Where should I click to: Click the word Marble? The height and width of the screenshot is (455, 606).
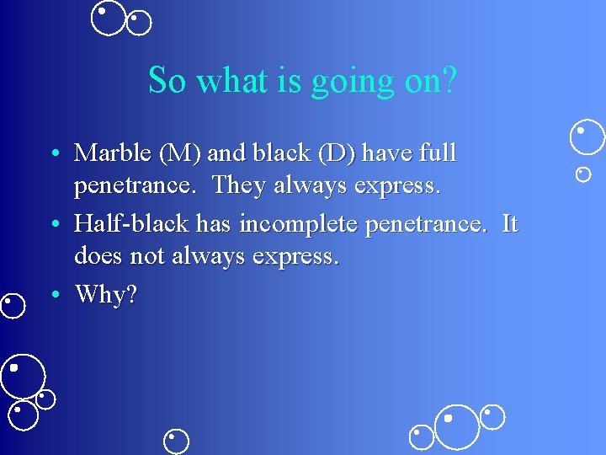(x=114, y=153)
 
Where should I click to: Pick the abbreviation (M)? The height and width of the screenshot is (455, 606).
(x=180, y=153)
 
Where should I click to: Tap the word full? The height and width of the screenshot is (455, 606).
(x=438, y=153)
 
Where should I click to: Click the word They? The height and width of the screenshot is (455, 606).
(x=237, y=185)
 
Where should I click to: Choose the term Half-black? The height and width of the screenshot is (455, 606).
(x=133, y=224)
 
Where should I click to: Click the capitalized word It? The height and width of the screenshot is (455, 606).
(x=510, y=224)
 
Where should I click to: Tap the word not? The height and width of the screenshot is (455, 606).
(x=148, y=255)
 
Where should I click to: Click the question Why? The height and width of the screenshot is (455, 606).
(x=105, y=294)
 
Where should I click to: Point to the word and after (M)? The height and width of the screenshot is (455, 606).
(x=225, y=153)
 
